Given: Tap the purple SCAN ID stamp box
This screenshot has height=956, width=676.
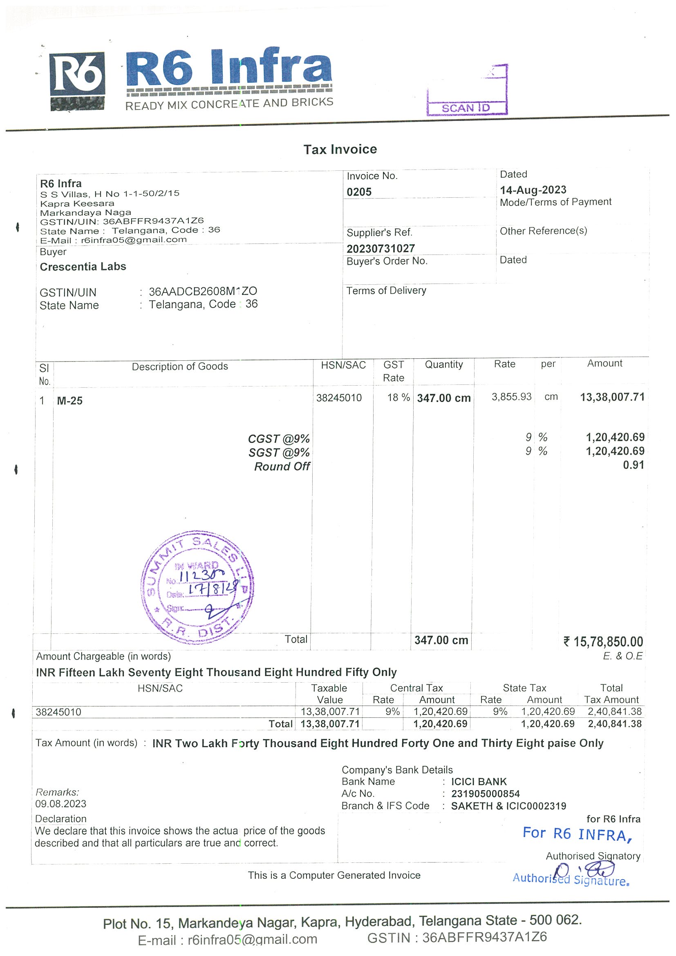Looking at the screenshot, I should [x=467, y=90].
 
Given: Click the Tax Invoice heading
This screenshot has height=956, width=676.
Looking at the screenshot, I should [x=340, y=150].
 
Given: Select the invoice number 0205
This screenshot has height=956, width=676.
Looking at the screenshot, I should [x=358, y=192].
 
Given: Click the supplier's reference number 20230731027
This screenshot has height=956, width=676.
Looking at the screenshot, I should [x=380, y=248].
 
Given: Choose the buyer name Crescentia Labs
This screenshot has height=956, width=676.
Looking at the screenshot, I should [x=83, y=266].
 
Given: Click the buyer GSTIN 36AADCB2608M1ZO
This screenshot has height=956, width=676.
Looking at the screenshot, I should [x=202, y=291].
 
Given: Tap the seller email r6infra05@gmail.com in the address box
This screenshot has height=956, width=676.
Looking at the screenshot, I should [x=134, y=240].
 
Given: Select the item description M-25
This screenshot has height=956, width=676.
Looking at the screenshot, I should [x=69, y=400].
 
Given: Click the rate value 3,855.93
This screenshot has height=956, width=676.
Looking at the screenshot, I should [x=511, y=397].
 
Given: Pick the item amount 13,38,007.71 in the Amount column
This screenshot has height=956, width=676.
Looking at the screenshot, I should [x=612, y=397].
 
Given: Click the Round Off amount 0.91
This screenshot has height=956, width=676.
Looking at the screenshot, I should [x=633, y=465].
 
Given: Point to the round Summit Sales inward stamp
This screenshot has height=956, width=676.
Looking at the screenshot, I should [x=197, y=587].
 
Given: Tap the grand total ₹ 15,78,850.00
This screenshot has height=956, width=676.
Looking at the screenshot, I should [x=603, y=642].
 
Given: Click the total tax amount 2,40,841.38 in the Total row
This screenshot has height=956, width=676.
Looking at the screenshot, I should [x=614, y=724].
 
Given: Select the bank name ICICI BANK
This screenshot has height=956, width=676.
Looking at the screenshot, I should [x=479, y=782].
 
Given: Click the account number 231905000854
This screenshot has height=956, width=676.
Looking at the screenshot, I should [x=485, y=794].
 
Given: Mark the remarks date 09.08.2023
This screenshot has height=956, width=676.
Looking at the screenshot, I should [x=61, y=804].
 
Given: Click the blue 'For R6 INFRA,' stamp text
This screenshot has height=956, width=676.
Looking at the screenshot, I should [x=577, y=834].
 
